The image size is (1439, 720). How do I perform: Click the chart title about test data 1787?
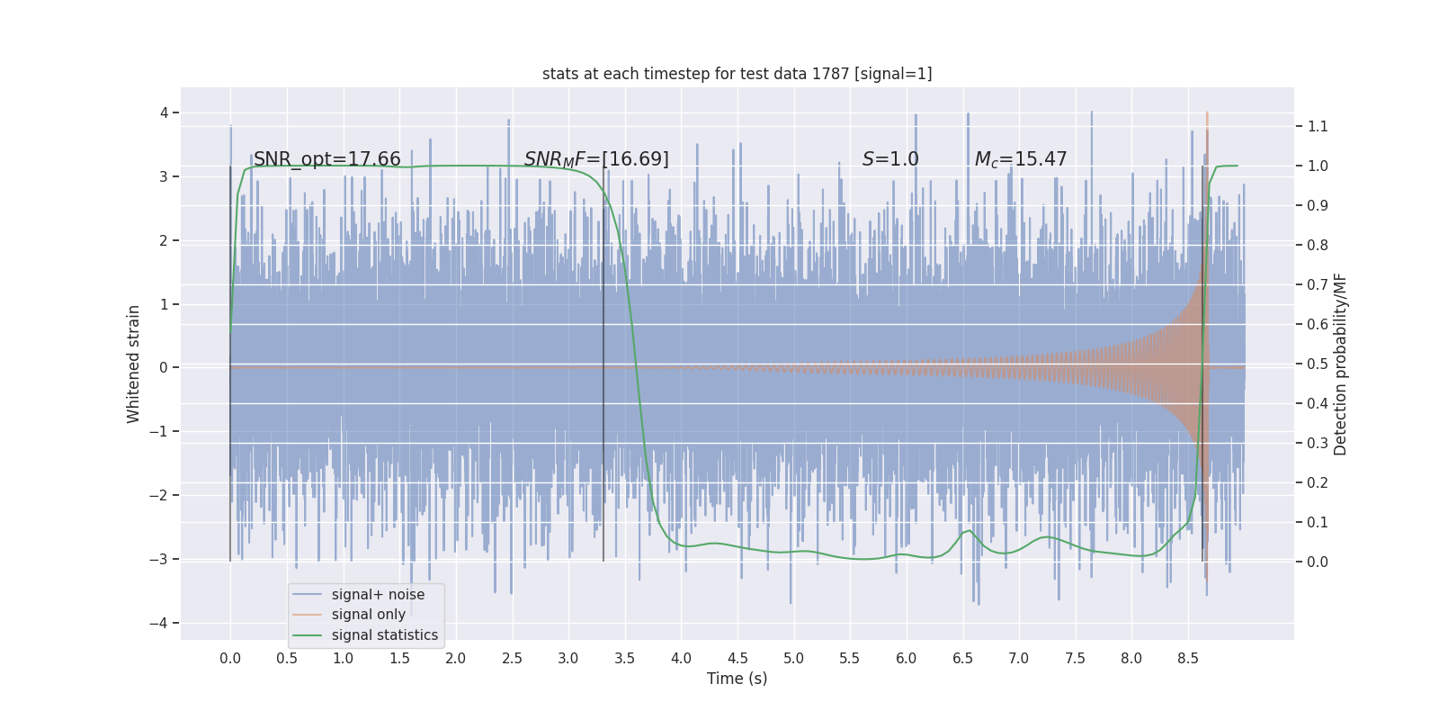[x=737, y=74]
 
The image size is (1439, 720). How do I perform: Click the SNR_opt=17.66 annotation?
[x=326, y=159]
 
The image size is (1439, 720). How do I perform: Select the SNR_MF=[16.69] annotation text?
[x=596, y=159]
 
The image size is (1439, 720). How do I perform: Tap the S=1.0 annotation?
[x=890, y=159]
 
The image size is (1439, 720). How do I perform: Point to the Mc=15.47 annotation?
[x=1021, y=159]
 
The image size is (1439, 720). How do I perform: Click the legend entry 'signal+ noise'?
[x=378, y=595]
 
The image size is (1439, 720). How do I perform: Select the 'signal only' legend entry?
[x=368, y=615]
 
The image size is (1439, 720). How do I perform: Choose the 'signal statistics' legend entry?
[x=384, y=635]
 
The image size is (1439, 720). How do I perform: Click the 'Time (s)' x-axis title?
[x=737, y=679]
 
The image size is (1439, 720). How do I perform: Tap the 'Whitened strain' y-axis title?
[x=134, y=364]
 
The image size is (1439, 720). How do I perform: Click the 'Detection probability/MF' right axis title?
[x=1340, y=364]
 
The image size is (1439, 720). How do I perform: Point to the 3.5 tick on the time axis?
[x=624, y=658]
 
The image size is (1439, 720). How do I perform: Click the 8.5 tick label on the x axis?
[x=1187, y=658]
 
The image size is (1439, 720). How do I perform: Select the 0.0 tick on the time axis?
[x=230, y=658]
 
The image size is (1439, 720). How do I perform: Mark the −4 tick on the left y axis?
[x=164, y=623]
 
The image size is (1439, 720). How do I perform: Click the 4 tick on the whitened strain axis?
[x=165, y=112]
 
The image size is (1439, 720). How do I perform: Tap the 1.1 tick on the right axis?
[x=1318, y=126]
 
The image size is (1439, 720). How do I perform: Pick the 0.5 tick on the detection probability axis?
[x=1318, y=364]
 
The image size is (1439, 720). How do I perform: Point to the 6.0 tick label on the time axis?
[x=906, y=658]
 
